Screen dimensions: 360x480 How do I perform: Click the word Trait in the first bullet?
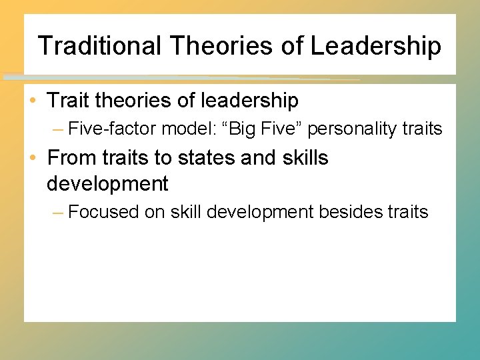point(69,101)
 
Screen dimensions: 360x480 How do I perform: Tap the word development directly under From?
point(107,183)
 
